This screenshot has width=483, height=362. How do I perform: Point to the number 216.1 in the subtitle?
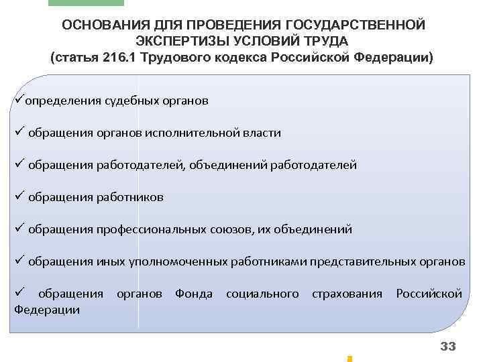click(123, 57)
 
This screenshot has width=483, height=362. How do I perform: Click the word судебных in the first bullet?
click(133, 101)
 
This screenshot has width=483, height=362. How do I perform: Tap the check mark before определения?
click(19, 100)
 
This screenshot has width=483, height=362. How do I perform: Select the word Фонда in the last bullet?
click(193, 294)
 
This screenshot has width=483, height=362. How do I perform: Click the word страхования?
click(347, 294)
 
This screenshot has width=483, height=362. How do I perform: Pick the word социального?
click(262, 294)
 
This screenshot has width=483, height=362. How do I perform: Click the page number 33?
click(447, 346)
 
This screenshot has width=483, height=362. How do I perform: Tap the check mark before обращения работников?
click(19, 196)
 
